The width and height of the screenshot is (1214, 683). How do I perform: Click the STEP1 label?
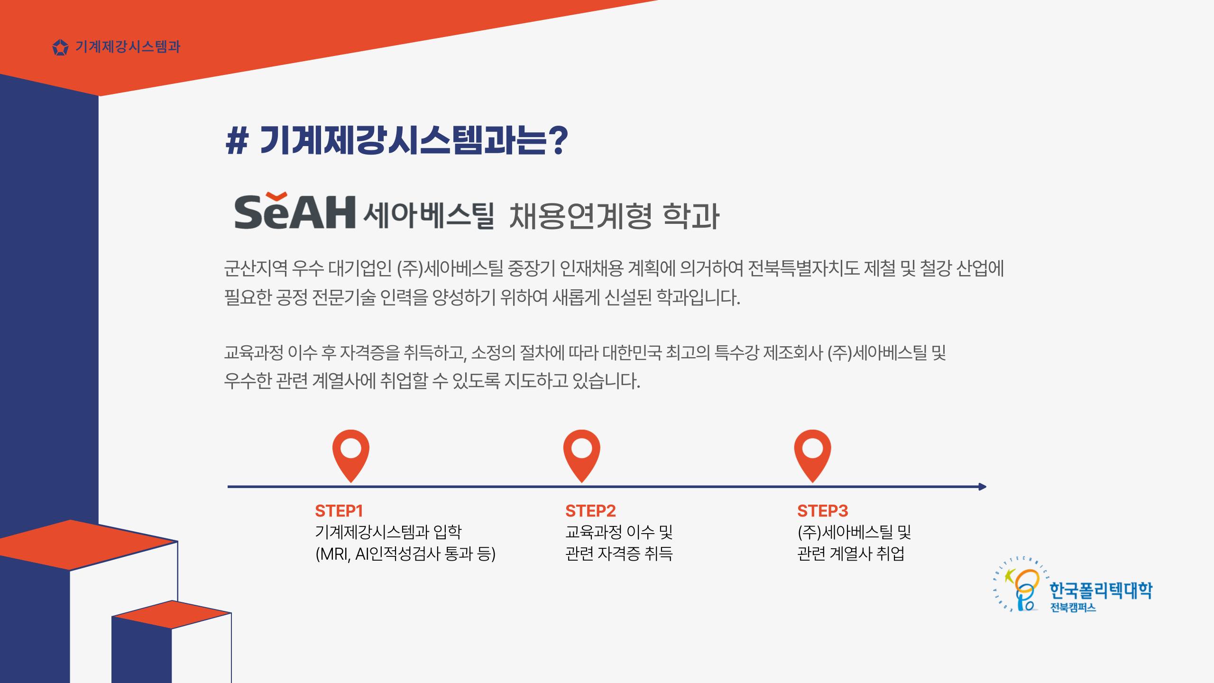[339, 511]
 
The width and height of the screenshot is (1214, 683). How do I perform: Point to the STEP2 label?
[590, 511]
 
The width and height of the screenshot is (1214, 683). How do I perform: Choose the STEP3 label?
[823, 511]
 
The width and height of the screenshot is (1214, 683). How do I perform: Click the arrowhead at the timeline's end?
[983, 487]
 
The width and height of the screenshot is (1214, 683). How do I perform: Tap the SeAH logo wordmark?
[295, 212]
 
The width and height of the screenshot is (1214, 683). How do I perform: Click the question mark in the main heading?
[558, 140]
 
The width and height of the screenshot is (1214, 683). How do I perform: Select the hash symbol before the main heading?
[237, 141]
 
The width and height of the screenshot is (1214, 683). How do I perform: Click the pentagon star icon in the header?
[60, 47]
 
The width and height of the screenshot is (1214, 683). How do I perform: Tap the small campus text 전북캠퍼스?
[1073, 608]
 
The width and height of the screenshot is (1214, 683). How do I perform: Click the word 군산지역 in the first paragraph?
[256, 268]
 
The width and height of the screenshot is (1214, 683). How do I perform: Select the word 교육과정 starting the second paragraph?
[254, 352]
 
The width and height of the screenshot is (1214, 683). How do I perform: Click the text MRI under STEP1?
[335, 554]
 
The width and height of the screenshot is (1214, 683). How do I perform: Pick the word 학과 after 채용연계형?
[691, 216]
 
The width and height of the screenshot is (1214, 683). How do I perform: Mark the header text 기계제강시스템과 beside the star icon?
[128, 47]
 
